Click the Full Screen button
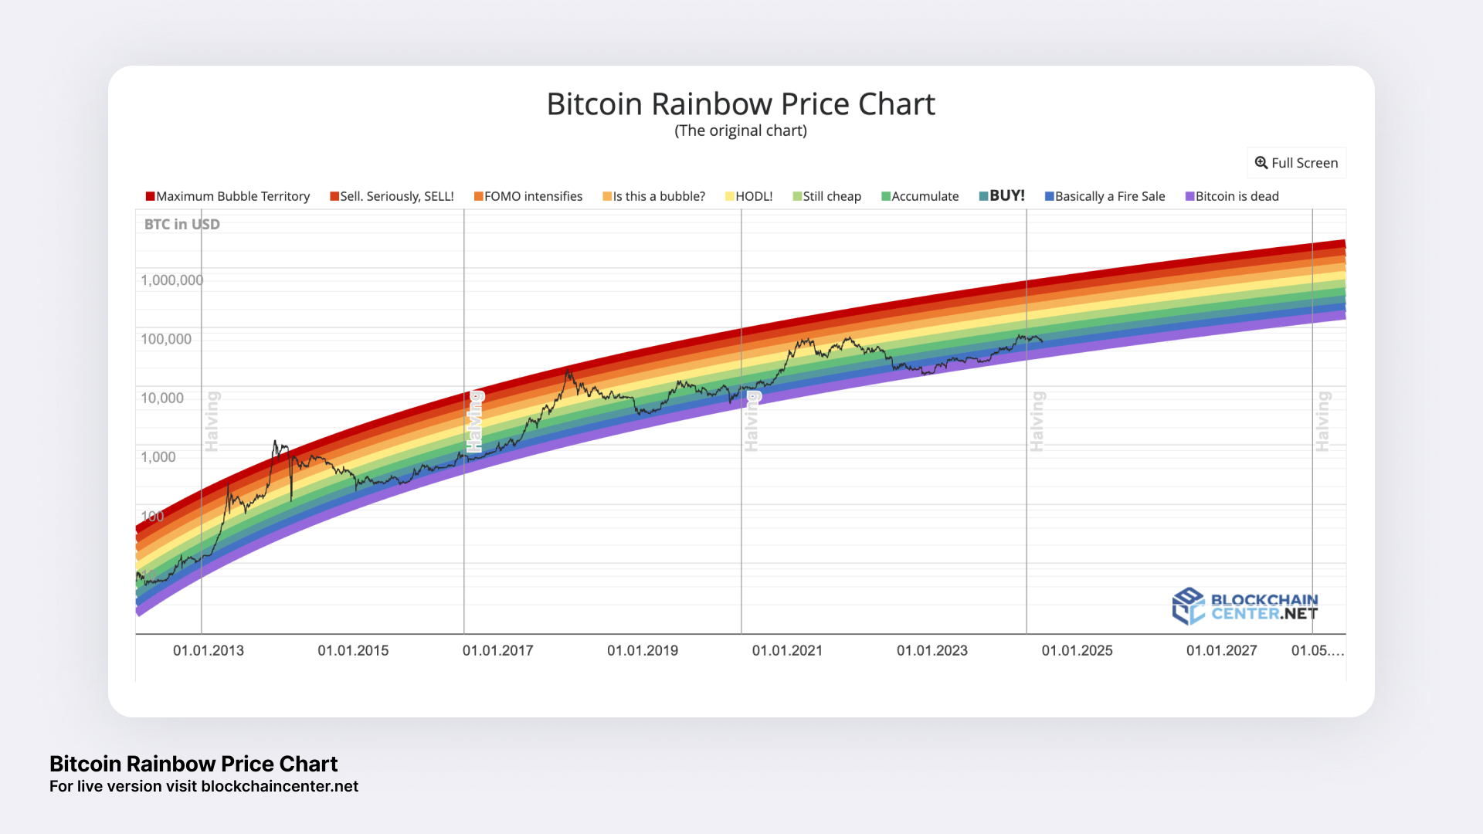click(1296, 163)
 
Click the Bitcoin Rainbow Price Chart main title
click(741, 104)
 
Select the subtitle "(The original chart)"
click(741, 131)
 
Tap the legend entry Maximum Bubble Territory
click(228, 196)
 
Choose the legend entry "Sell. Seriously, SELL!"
click(392, 196)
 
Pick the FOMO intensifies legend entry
click(528, 196)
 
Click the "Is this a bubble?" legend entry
click(654, 196)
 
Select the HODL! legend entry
click(749, 196)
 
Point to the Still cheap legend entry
click(827, 196)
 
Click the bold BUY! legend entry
click(1003, 195)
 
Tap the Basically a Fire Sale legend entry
click(1105, 196)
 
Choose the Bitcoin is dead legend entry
click(1233, 196)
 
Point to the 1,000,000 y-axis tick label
click(171, 280)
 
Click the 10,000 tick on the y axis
click(162, 398)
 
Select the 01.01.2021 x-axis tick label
click(787, 651)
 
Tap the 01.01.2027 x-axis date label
click(1221, 651)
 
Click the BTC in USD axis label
click(182, 225)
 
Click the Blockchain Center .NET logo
click(1245, 607)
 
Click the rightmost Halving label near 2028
click(1322, 421)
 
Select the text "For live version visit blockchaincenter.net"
click(204, 787)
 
